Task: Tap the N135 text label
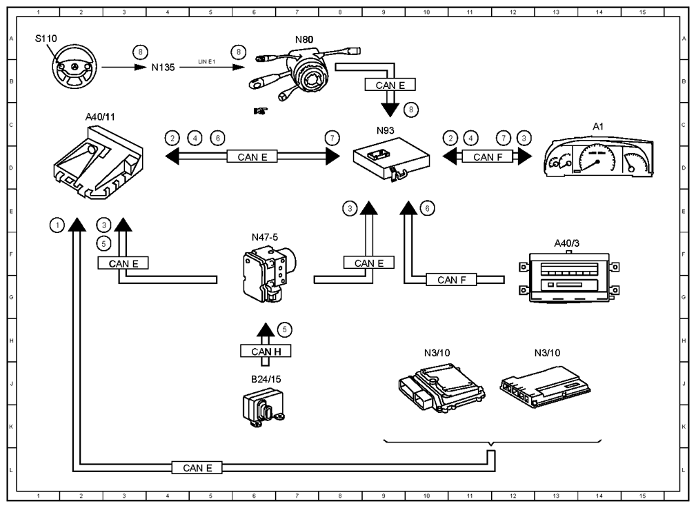pyautogui.click(x=163, y=68)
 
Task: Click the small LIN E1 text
pyautogui.click(x=206, y=61)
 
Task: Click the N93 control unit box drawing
pyautogui.click(x=392, y=159)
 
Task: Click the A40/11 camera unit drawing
pyautogui.click(x=98, y=163)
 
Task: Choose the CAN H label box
pyautogui.click(x=266, y=352)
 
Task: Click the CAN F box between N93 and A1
pyautogui.click(x=488, y=156)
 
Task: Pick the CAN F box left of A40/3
pyautogui.click(x=451, y=280)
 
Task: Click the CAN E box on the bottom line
pyautogui.click(x=197, y=467)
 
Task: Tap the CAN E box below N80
pyautogui.click(x=390, y=85)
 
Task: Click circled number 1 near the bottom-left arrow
pyautogui.click(x=57, y=225)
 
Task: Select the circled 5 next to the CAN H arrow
pyautogui.click(x=284, y=329)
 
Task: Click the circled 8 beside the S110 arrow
pyautogui.click(x=140, y=52)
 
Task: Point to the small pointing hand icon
pyautogui.click(x=261, y=110)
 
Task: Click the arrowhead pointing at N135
pyautogui.click(x=141, y=67)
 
